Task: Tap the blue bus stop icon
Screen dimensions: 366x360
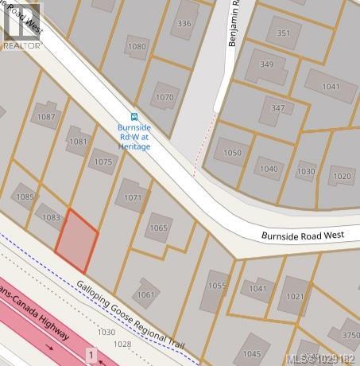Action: [x=134, y=115]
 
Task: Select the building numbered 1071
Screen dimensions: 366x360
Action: [x=133, y=197]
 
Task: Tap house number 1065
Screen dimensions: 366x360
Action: [x=159, y=228]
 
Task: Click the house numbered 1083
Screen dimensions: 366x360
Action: [x=52, y=216]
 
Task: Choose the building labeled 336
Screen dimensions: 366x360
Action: [x=184, y=24]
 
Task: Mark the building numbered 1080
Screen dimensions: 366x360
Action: [x=137, y=47]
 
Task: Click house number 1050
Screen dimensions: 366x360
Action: [x=232, y=152]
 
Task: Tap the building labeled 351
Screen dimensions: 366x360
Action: [x=283, y=33]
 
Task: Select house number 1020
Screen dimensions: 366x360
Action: [x=341, y=176]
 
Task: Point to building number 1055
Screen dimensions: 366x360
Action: [x=216, y=286]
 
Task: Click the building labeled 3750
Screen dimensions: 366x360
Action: [x=350, y=335]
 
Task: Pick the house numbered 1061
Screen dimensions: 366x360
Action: [x=146, y=294]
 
